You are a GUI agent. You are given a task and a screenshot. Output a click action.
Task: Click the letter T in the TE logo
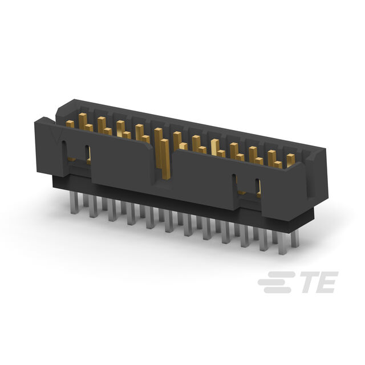point(310,282)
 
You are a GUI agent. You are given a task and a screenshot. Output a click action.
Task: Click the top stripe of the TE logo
point(284,275)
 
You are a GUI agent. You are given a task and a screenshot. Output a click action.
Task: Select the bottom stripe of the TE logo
point(277,290)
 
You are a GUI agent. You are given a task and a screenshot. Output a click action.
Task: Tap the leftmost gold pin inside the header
point(70,124)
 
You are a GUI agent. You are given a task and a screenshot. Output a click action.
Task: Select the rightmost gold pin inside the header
point(290,160)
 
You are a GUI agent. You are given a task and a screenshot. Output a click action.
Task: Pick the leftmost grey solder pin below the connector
point(74,202)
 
